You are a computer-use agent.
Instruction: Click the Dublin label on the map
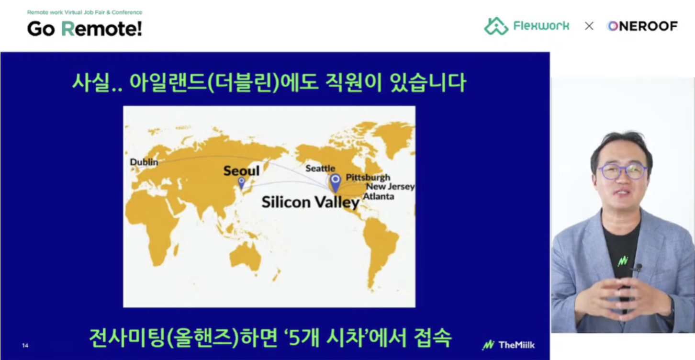(144, 162)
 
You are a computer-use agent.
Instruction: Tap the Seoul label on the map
(241, 171)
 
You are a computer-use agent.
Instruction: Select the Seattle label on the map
(320, 169)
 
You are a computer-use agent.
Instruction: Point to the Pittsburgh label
(368, 178)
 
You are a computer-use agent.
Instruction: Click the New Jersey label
(390, 187)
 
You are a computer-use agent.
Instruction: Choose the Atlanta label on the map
(379, 196)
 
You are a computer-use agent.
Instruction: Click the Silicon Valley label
(311, 202)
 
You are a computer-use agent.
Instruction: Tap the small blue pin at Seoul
(241, 183)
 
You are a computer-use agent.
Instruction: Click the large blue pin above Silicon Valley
(335, 183)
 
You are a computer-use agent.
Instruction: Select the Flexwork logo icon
(496, 26)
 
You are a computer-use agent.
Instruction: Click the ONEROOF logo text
(642, 26)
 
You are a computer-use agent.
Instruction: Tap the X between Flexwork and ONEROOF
(589, 26)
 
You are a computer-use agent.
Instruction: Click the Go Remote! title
(84, 29)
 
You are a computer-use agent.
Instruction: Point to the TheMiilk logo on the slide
(508, 345)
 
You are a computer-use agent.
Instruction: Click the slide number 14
(25, 346)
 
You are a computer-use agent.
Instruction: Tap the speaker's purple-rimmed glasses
(622, 172)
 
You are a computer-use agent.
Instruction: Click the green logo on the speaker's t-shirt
(623, 261)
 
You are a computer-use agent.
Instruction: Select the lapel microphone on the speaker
(639, 268)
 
